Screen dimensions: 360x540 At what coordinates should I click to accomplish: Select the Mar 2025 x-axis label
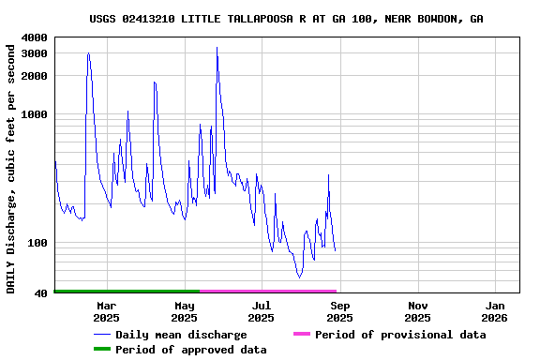click(107, 311)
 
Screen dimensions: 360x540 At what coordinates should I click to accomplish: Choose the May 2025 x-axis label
click(185, 311)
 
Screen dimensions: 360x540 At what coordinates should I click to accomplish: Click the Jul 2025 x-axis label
click(262, 311)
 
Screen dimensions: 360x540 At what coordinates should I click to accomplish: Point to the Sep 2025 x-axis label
click(340, 311)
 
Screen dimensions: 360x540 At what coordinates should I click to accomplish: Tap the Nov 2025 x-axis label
click(418, 311)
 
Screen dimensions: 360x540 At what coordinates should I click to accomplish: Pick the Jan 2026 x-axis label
click(496, 311)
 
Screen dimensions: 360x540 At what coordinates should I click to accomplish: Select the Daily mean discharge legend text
click(181, 335)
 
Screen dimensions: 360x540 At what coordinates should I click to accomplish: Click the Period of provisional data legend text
click(400, 335)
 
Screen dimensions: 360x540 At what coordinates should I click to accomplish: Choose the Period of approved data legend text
click(191, 350)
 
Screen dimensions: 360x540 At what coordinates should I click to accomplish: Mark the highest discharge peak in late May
click(217, 48)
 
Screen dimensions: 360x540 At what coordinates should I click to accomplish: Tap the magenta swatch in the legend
click(301, 335)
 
